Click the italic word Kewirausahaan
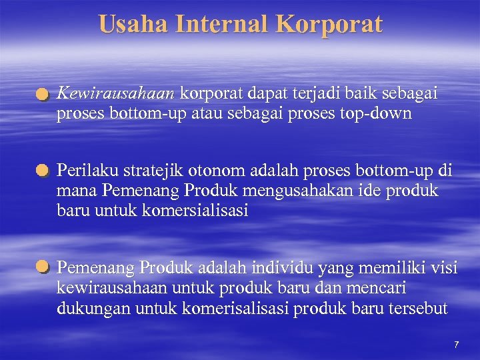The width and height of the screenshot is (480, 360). tap(117, 95)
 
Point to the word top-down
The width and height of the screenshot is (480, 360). tap(376, 113)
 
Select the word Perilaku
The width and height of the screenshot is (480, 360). tap(83, 171)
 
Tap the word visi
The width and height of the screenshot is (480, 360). tap(445, 268)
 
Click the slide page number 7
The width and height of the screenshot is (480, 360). tap(456, 345)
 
